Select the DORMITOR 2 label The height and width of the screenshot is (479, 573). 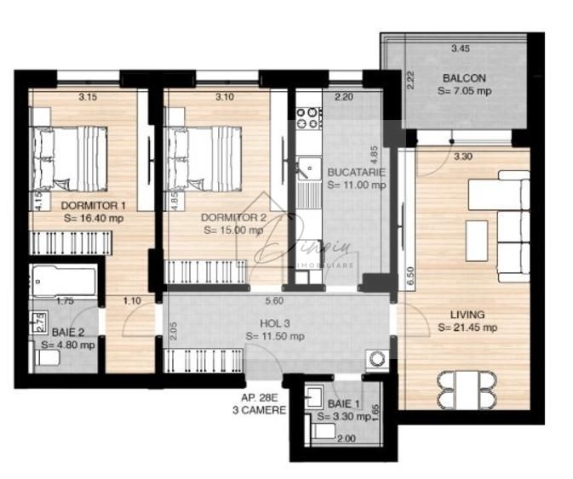pos(234,217)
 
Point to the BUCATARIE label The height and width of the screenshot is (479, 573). pos(356,172)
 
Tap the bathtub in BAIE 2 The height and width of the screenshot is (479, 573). pos(61,279)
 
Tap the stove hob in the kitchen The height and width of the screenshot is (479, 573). pos(307,116)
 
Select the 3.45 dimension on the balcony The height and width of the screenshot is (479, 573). pos(461,48)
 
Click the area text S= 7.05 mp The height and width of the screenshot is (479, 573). pos(464,89)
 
